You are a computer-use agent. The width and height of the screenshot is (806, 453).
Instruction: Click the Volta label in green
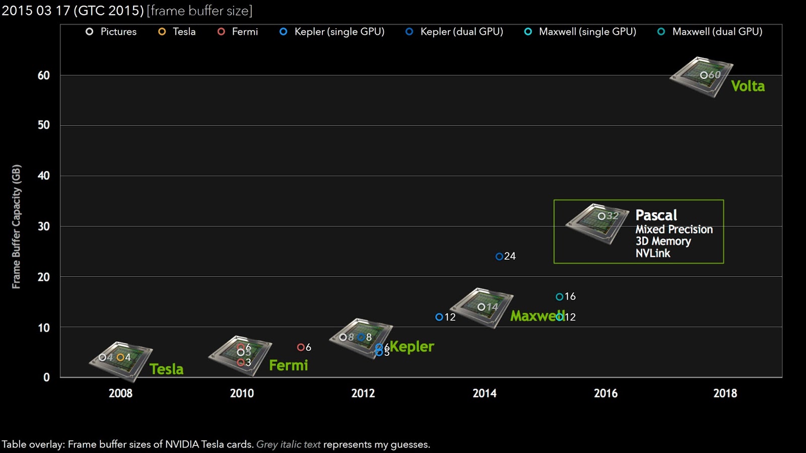pyautogui.click(x=748, y=86)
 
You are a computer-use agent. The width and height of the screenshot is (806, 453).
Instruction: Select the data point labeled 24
pyautogui.click(x=499, y=256)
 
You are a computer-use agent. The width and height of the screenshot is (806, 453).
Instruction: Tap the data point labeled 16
pyautogui.click(x=559, y=296)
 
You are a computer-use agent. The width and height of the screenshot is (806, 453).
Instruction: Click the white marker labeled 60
pyautogui.click(x=704, y=75)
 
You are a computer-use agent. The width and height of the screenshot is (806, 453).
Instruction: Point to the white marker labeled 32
pyautogui.click(x=601, y=216)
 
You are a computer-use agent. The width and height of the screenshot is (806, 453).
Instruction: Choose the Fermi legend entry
pyautogui.click(x=238, y=32)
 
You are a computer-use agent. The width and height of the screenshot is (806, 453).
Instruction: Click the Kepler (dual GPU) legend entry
pyautogui.click(x=454, y=32)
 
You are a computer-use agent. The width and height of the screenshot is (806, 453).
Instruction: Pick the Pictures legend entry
pyautogui.click(x=111, y=32)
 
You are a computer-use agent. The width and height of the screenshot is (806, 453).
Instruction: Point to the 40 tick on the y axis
pyautogui.click(x=44, y=176)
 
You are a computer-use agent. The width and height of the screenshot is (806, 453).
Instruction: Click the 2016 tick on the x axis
pyautogui.click(x=606, y=393)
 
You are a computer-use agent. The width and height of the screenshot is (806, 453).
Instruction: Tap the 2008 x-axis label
pyautogui.click(x=120, y=393)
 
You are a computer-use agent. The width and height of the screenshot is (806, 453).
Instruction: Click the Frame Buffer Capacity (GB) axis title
pyautogui.click(x=17, y=226)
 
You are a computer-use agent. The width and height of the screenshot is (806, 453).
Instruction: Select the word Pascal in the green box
pyautogui.click(x=656, y=215)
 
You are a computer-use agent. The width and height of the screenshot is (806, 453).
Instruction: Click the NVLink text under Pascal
pyautogui.click(x=652, y=253)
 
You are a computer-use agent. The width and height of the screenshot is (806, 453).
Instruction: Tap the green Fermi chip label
pyautogui.click(x=288, y=365)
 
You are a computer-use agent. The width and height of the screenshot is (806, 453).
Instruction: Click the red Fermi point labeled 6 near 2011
pyautogui.click(x=301, y=347)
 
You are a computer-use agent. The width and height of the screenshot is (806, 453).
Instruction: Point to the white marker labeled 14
pyautogui.click(x=481, y=307)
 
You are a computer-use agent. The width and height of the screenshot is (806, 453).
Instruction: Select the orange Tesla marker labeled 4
pyautogui.click(x=120, y=357)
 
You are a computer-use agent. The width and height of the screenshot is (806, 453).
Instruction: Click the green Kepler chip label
pyautogui.click(x=412, y=347)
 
